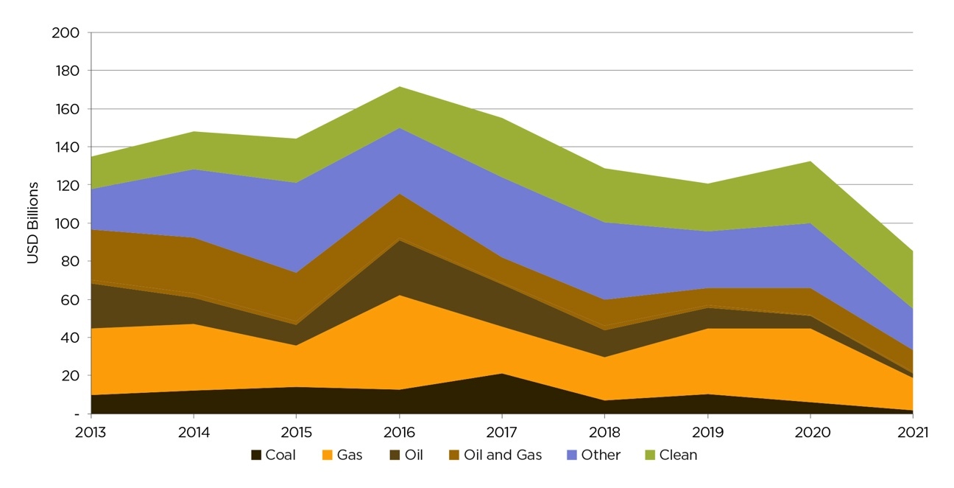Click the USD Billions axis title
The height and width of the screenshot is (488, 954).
(33, 223)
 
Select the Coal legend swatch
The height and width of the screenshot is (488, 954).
(255, 456)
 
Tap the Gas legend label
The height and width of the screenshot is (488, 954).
(350, 456)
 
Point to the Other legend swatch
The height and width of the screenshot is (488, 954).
(572, 456)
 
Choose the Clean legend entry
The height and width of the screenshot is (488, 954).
(678, 456)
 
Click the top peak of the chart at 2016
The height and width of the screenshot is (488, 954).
(399, 87)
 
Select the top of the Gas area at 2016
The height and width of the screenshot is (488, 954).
(399, 295)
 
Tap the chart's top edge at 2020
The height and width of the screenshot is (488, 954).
(810, 161)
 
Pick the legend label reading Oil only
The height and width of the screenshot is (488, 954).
(413, 456)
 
